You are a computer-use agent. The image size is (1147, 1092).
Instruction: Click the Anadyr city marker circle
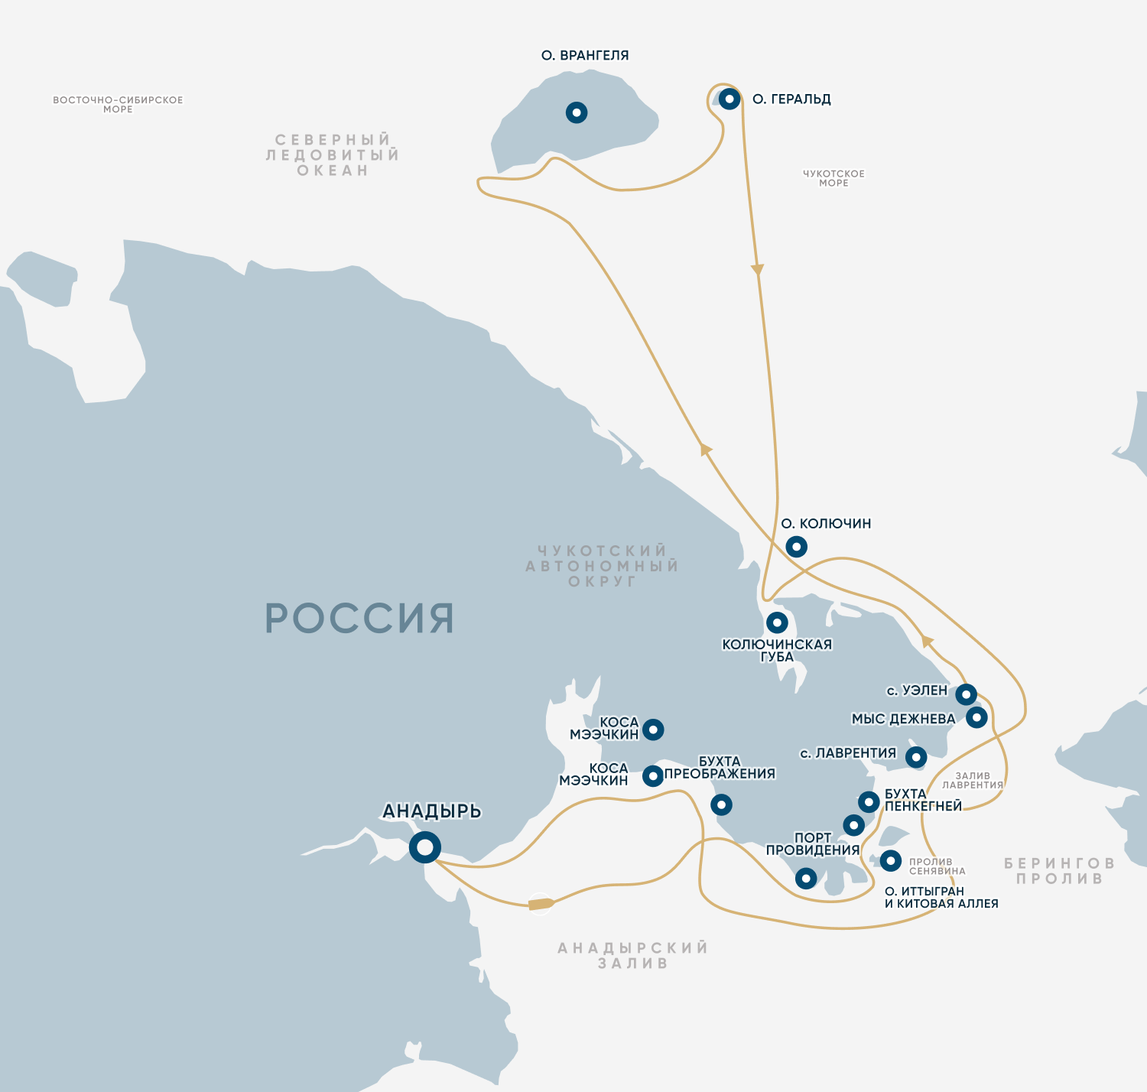point(424,847)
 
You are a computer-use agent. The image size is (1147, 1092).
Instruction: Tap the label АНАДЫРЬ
point(431,811)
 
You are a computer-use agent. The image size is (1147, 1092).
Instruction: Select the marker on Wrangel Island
point(577,112)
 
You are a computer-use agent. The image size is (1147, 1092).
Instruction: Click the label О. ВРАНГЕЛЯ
point(585,56)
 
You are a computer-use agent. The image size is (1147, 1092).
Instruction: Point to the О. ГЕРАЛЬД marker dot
point(729,99)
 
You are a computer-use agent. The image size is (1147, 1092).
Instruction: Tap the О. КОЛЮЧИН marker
point(796,547)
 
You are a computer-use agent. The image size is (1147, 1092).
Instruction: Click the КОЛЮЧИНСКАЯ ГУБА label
point(777,650)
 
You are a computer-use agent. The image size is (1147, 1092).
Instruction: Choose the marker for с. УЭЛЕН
point(966,694)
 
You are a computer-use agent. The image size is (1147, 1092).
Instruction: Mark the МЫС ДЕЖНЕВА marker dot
point(976,717)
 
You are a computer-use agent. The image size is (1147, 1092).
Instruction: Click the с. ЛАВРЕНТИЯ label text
point(848,753)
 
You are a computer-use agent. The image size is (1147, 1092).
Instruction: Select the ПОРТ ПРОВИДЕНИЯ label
point(813,843)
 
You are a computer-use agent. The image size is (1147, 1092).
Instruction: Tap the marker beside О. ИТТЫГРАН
point(890,861)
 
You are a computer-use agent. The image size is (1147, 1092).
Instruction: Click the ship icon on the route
point(541,904)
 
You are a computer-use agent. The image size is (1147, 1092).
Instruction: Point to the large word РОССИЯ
point(359,619)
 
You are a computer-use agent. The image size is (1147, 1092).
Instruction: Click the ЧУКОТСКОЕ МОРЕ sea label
point(833,178)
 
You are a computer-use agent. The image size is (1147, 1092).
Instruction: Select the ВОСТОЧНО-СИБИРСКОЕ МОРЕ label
point(118,104)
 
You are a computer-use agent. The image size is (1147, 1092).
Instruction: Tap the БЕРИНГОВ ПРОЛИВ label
point(1059,871)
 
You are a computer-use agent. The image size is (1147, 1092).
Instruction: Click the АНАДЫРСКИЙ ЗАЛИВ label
point(632,956)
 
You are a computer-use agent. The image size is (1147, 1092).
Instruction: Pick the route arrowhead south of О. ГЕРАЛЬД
point(757,269)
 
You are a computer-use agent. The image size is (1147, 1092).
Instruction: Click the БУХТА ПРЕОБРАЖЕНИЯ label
point(720,768)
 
